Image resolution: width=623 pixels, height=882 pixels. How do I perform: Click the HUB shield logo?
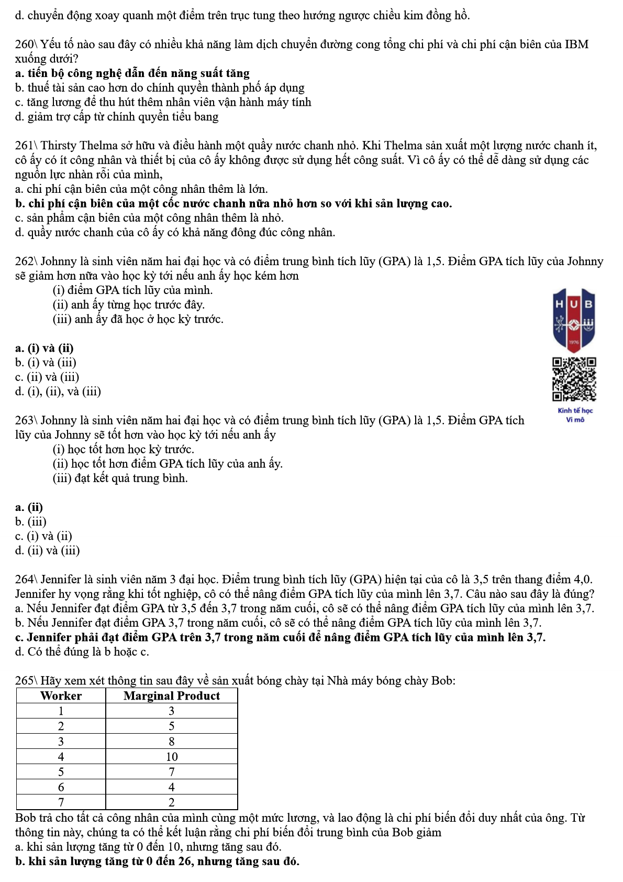[574, 319]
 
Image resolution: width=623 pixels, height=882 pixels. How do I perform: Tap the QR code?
[574, 379]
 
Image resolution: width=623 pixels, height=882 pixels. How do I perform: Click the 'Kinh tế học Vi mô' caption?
[575, 415]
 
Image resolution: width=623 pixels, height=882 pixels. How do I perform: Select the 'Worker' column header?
[61, 695]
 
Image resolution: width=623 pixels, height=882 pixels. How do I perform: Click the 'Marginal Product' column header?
[172, 695]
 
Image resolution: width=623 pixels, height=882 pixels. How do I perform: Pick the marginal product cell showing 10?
[172, 756]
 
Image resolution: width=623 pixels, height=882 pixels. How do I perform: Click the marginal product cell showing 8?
[172, 741]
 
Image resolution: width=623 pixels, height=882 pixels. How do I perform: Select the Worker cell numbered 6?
[61, 787]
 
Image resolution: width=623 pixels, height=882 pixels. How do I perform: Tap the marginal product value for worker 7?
[172, 802]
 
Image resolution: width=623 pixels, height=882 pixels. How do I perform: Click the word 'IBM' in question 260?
[576, 45]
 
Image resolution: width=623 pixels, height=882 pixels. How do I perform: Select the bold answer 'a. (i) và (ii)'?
[44, 348]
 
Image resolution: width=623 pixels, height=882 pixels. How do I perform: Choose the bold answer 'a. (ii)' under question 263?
[29, 507]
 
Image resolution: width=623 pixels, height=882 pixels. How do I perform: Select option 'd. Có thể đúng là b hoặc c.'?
[82, 651]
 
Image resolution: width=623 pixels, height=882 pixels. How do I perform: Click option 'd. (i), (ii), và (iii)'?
[58, 391]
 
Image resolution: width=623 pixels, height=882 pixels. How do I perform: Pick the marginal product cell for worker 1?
[172, 711]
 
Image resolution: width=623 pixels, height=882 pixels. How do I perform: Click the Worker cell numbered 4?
[61, 756]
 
